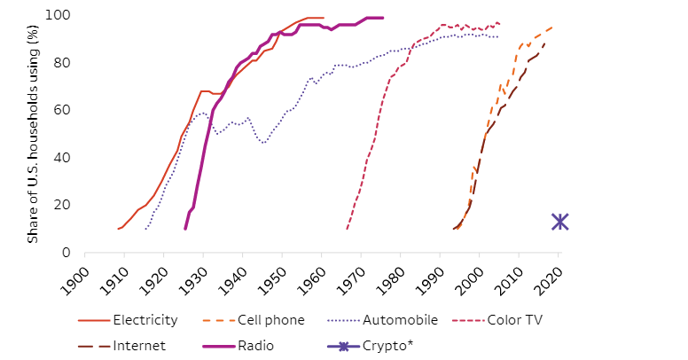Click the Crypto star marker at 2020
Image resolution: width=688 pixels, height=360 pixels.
click(559, 222)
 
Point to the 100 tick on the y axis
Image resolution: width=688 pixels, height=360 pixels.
click(59, 16)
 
